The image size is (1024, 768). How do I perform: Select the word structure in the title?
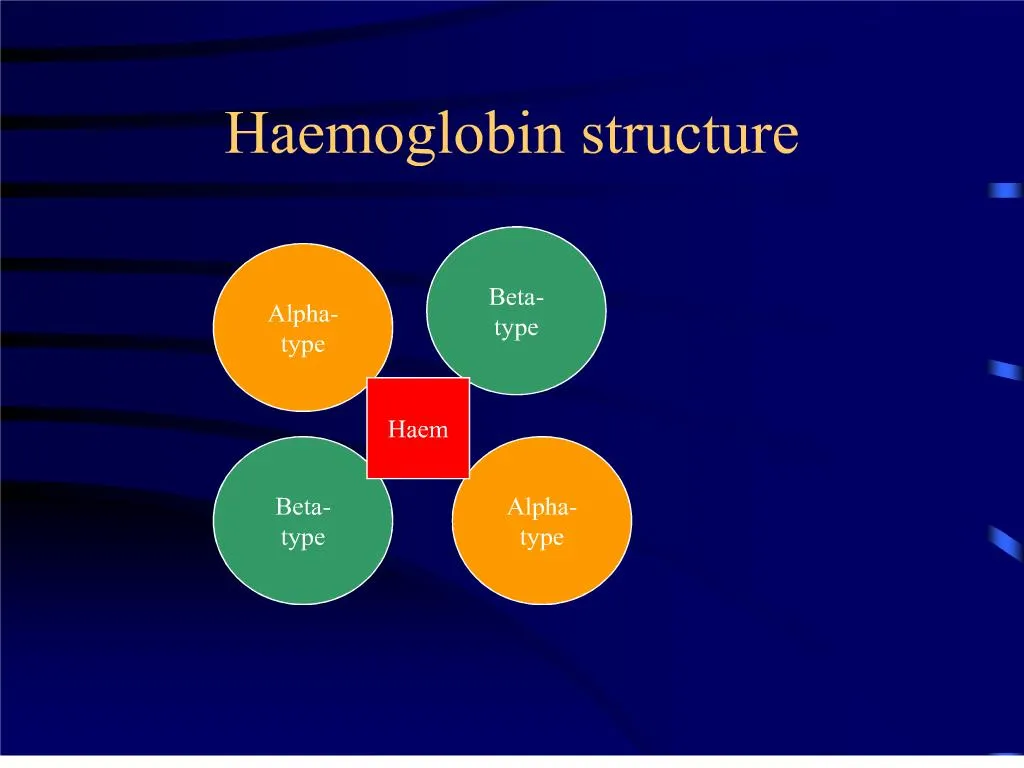coord(691,134)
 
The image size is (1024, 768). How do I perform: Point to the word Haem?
coord(418,430)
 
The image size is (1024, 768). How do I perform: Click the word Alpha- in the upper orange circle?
coord(303,314)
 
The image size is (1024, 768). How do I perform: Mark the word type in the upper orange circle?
coord(303,345)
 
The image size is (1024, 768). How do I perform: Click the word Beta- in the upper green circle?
coord(516,297)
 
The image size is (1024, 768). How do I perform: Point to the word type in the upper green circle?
coord(516,328)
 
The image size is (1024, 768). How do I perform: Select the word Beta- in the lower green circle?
coord(303,507)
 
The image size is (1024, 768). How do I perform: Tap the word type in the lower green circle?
coord(303,538)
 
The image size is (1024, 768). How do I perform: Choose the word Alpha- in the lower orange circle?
coord(542,507)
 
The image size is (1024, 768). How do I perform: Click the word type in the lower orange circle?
coord(542,538)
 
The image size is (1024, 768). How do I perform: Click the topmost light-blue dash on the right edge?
coord(1004,190)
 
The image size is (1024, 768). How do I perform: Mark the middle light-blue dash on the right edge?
coord(1005,370)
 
